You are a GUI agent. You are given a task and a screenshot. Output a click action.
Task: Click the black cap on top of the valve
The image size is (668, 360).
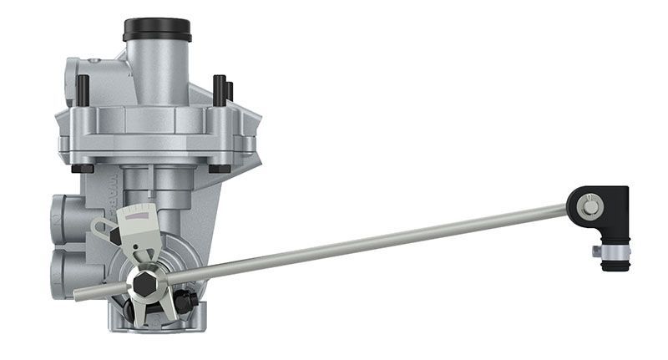click(x=157, y=29)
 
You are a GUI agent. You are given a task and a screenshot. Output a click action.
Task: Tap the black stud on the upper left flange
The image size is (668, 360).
click(x=83, y=89)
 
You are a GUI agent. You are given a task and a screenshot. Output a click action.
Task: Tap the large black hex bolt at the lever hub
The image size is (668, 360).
click(x=143, y=286)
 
